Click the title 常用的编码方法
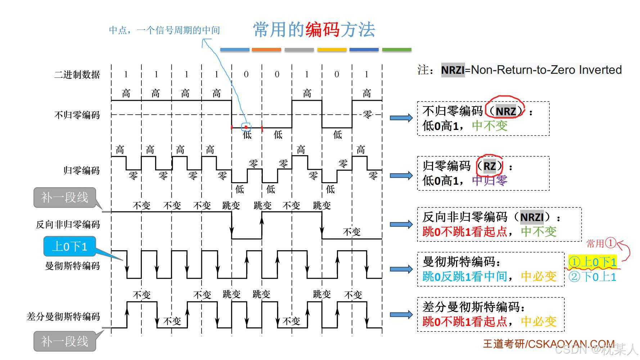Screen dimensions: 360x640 click(314, 30)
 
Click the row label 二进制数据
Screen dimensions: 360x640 click(77, 75)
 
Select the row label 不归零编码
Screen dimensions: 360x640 click(77, 115)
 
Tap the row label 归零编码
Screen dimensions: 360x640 click(82, 170)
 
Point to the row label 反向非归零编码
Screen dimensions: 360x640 click(68, 225)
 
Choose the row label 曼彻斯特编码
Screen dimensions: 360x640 click(72, 266)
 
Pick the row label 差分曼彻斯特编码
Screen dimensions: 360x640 click(63, 317)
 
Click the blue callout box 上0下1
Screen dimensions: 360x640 click(70, 247)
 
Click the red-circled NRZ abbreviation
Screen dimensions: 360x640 click(505, 111)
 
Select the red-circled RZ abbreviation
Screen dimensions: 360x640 click(490, 166)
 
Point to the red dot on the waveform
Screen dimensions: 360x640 click(246, 127)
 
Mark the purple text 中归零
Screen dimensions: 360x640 click(490, 180)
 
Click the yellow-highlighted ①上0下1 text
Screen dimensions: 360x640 click(592, 262)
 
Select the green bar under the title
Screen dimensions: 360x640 click(396, 50)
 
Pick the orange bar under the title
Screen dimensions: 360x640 click(266, 50)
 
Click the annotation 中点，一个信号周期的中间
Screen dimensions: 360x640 click(164, 30)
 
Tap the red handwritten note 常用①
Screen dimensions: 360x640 click(601, 243)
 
